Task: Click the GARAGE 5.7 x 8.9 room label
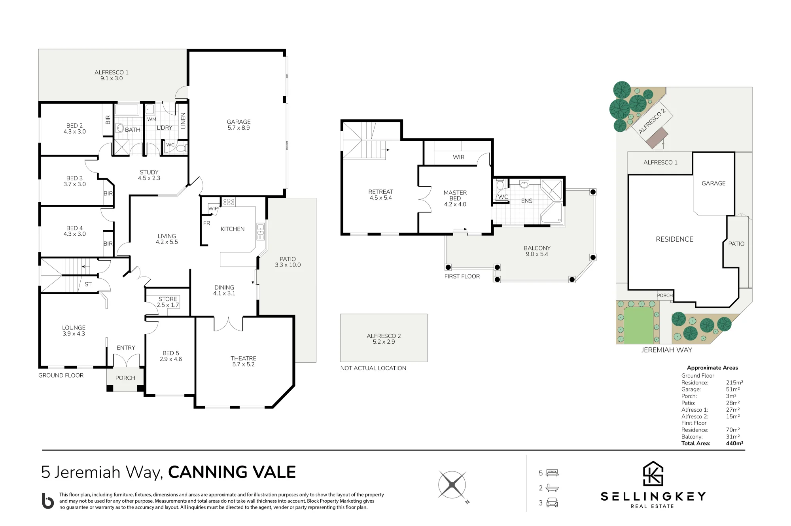click(x=238, y=125)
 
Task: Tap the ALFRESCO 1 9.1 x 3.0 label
click(x=112, y=75)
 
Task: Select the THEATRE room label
click(x=243, y=358)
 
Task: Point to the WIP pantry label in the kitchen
click(x=213, y=208)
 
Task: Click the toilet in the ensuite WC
click(x=500, y=185)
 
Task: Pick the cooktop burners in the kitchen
click(x=229, y=202)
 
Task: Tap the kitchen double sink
click(x=261, y=232)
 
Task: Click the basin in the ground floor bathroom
click(x=119, y=128)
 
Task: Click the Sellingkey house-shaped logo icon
click(x=653, y=473)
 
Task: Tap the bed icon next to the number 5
click(x=552, y=473)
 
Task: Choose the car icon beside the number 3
click(x=552, y=503)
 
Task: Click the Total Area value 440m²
click(x=734, y=443)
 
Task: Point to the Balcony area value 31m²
click(x=733, y=437)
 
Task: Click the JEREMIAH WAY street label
click(x=667, y=350)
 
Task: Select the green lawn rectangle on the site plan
click(x=638, y=325)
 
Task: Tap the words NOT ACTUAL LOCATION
click(x=373, y=368)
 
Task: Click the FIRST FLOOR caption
click(x=462, y=276)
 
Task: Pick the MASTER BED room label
click(x=455, y=195)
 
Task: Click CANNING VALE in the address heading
click(x=232, y=472)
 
